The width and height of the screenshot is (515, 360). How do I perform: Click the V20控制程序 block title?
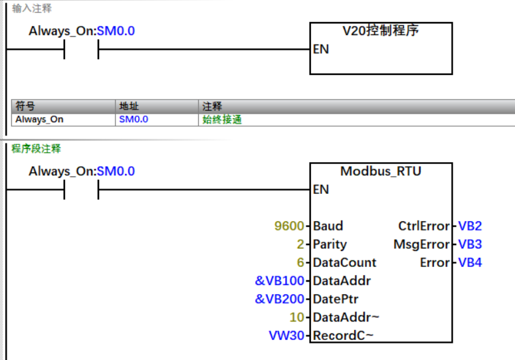381,31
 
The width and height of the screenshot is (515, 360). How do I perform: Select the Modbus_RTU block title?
381,171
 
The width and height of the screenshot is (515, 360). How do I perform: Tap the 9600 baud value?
289,226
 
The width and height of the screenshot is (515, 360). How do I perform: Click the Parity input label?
330,244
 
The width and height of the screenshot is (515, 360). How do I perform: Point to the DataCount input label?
344,263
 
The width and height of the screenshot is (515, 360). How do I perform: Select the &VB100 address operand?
280,281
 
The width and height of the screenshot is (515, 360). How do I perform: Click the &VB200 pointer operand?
280,299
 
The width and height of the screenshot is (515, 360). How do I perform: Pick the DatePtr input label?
336,299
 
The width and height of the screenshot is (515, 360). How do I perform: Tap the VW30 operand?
286,335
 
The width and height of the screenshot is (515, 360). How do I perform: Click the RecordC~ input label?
343,335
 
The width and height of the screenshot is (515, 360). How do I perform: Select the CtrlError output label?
424,226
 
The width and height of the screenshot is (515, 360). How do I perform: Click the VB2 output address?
470,226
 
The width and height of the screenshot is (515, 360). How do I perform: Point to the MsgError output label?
422,244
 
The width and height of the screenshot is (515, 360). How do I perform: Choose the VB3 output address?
470,244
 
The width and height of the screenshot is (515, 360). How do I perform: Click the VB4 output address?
470,263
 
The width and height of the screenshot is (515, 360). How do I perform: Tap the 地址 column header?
129,106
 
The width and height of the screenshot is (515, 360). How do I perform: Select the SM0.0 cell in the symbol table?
134,120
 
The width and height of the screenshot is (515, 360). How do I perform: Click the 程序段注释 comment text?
36,149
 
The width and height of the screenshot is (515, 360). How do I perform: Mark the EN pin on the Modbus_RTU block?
321,189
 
